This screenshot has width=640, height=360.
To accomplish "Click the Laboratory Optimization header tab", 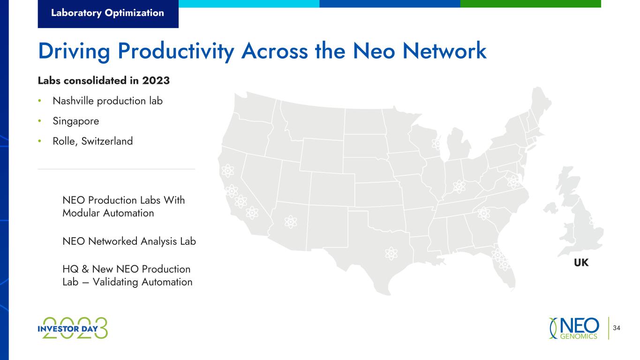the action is [108, 14].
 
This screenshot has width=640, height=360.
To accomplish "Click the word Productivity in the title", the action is [176, 52].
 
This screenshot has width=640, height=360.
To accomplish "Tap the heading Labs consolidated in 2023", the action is [104, 81].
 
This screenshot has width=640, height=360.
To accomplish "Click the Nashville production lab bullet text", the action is [108, 101].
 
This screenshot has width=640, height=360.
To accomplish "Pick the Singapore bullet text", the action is [75, 121].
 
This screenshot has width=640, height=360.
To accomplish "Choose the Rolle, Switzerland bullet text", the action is [93, 141].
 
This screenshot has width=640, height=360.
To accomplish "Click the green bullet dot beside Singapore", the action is [40, 121].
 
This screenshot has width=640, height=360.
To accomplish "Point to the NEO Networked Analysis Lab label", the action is [129, 241].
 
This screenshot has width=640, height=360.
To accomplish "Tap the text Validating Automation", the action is [143, 282].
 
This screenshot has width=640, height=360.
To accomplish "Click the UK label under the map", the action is [581, 262].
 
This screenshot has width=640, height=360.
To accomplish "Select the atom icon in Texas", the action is [391, 253].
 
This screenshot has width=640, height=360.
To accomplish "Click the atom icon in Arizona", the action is [291, 222].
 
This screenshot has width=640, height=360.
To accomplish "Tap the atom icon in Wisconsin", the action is [437, 144].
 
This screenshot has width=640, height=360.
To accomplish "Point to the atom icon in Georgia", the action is [483, 213].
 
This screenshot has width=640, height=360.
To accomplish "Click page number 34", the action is [617, 328].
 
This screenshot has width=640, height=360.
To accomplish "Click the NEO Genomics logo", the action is [574, 328].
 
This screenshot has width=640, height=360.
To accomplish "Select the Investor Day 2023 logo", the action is [73, 328].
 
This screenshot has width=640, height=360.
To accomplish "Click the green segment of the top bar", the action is [531, 4].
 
